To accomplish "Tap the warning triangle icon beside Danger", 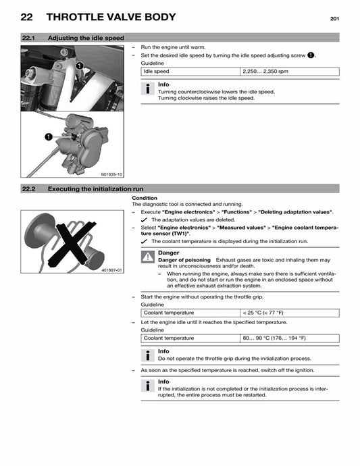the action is [148, 257].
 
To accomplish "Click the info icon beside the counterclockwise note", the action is [147, 88].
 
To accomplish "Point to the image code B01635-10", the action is [111, 174].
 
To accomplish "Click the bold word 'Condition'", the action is [145, 198].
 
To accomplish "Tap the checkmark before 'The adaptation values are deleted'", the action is [145, 220].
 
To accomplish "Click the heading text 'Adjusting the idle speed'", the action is [86, 38].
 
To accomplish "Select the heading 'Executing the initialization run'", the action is [95, 189].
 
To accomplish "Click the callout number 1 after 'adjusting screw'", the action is [311, 55].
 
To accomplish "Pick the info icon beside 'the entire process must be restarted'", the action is [147, 386].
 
